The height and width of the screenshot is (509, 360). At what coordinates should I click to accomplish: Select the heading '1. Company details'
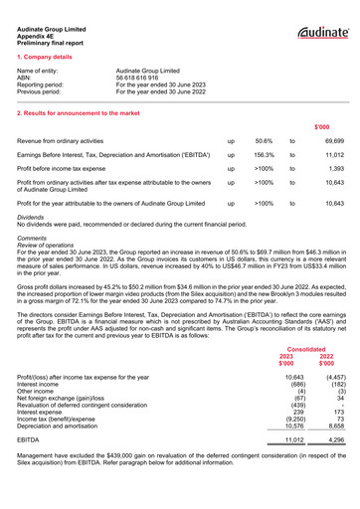coord(48,59)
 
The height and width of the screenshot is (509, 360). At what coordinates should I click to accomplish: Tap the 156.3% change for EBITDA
coord(264,156)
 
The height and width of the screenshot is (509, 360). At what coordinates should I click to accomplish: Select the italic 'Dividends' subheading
coord(34,216)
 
